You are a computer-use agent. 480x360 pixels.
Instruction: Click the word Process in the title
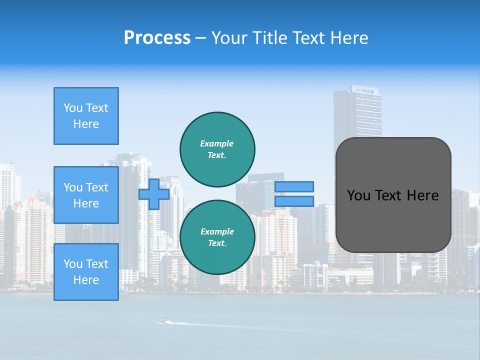click(157, 38)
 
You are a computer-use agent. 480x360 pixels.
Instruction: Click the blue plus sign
click(153, 194)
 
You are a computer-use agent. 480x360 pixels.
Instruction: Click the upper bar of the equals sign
click(294, 186)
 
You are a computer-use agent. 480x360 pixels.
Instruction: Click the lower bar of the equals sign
click(294, 201)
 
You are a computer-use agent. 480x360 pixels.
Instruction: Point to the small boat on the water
click(163, 321)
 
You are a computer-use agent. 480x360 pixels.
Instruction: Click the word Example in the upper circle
click(216, 143)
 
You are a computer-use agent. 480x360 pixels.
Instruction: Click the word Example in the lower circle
click(217, 231)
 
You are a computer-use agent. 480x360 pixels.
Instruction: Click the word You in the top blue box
click(73, 108)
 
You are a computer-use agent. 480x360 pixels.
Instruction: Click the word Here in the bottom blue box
click(86, 280)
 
